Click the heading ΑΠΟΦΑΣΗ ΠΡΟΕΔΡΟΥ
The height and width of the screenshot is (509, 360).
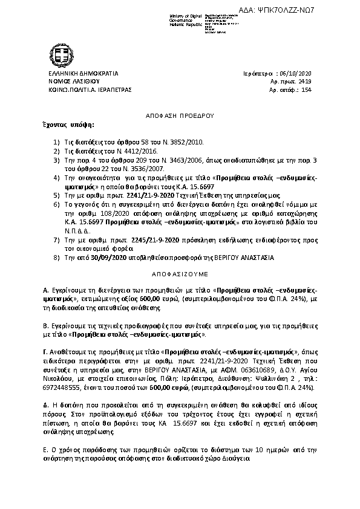coord(180,114)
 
